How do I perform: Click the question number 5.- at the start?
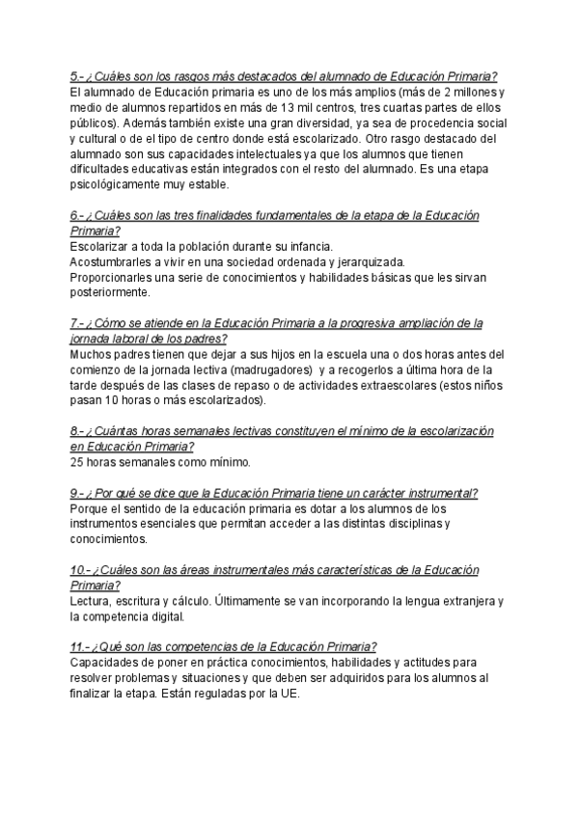77,78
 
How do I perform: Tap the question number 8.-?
77,430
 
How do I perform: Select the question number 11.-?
80,646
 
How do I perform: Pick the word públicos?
94,123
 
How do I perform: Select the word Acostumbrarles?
111,261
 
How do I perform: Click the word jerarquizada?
369,261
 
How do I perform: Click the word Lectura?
91,600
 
